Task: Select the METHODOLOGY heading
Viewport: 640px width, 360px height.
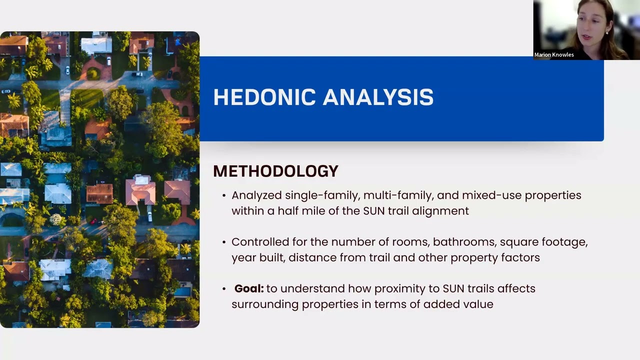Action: click(275, 171)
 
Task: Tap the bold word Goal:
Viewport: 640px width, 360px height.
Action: click(249, 288)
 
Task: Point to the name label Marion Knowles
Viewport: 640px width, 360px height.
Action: click(554, 55)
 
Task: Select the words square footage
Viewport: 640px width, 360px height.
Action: click(543, 242)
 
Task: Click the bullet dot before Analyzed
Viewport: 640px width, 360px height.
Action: click(224, 195)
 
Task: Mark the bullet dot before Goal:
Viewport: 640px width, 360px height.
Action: click(224, 288)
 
